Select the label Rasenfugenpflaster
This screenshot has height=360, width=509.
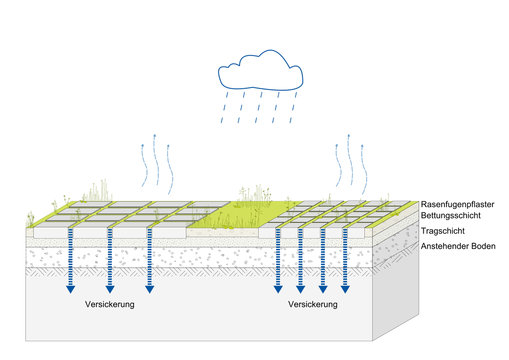tap(457, 205)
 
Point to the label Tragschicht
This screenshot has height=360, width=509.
tap(443, 231)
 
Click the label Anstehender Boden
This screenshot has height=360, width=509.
tap(458, 246)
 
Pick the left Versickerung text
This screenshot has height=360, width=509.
tap(110, 304)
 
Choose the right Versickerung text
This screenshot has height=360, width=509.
tap(313, 304)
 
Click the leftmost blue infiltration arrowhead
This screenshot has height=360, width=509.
tap(70, 290)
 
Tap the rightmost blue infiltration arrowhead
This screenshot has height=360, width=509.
tap(345, 290)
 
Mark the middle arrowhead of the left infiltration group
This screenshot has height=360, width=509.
tap(110, 290)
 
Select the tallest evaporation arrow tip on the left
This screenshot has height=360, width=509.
tap(154, 135)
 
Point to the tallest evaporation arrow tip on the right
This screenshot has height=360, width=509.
tap(349, 135)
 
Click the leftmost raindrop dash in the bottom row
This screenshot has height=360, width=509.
tap(221, 121)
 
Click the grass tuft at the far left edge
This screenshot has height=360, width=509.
tap(30, 220)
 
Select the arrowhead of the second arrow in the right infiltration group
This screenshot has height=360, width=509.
tap(300, 290)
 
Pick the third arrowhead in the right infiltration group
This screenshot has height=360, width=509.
tap(323, 290)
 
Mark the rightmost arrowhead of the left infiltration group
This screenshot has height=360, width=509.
tap(149, 290)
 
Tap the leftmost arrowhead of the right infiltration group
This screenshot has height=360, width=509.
tap(278, 290)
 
